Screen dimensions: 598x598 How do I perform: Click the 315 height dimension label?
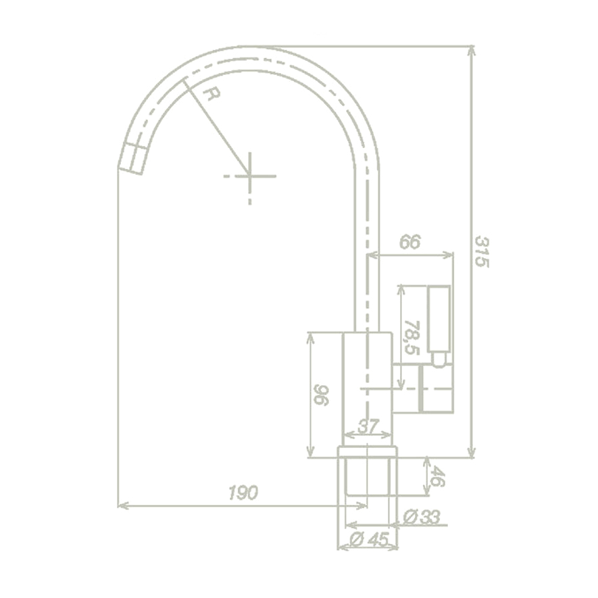click(x=482, y=252)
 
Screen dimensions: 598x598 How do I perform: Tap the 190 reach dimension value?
click(x=243, y=493)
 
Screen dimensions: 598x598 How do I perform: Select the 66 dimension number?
click(x=409, y=242)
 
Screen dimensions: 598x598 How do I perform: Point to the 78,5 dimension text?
click(x=412, y=338)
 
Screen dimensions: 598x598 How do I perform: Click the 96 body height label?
click(x=321, y=395)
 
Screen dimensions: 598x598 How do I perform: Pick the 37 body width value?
click(x=368, y=426)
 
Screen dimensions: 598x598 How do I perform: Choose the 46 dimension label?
click(x=437, y=477)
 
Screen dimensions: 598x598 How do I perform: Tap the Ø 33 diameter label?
click(x=422, y=517)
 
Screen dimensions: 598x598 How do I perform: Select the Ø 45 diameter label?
click(x=369, y=539)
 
